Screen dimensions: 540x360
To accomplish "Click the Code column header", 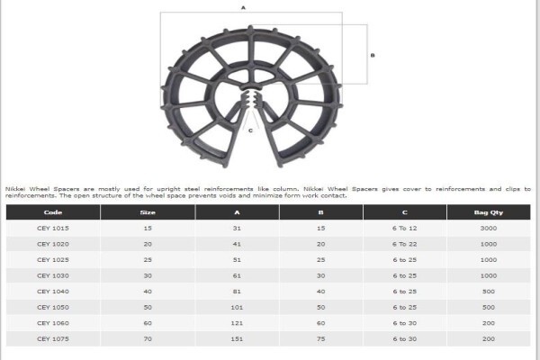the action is (x=53, y=212).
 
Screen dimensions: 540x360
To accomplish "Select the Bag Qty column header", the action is (x=489, y=212).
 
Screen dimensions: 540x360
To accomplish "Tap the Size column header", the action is (x=148, y=212).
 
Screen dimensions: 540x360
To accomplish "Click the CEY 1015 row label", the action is (x=53, y=228).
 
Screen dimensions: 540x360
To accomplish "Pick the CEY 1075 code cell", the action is (x=53, y=339).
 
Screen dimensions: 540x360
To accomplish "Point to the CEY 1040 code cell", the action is (x=53, y=292).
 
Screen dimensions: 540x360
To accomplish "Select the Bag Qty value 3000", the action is (x=489, y=228).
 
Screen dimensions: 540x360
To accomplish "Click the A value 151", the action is (x=237, y=339).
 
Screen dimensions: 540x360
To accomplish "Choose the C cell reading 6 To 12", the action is (x=405, y=228).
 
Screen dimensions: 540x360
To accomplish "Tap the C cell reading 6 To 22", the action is (x=405, y=244).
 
